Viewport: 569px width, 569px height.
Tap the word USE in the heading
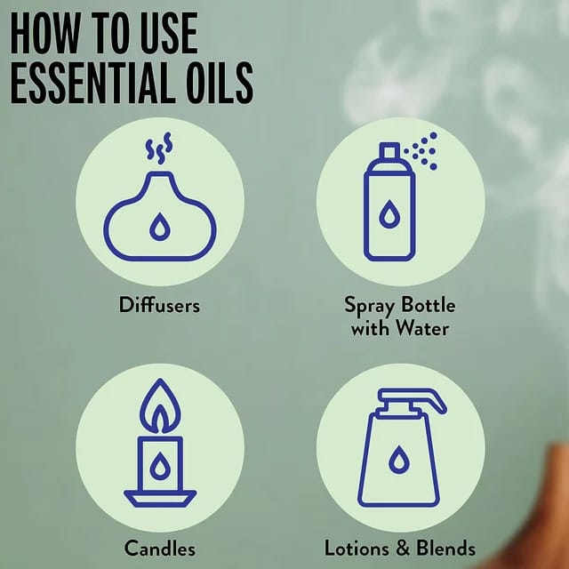[x=169, y=33]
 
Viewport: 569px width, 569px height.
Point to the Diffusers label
[x=159, y=305]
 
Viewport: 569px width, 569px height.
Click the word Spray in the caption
[x=369, y=306]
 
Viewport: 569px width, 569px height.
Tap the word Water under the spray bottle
[x=422, y=328]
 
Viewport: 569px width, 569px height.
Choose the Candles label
[x=160, y=548]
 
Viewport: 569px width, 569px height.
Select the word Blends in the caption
[x=445, y=548]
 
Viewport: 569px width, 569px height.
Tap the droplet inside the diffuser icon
[x=160, y=227]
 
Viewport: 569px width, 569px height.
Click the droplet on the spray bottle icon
[x=389, y=214]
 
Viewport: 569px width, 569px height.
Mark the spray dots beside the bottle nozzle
[x=421, y=150]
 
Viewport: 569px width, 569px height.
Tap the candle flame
[x=160, y=406]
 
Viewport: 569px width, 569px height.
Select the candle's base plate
[x=160, y=499]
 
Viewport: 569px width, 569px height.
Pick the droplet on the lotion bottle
[x=399, y=460]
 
